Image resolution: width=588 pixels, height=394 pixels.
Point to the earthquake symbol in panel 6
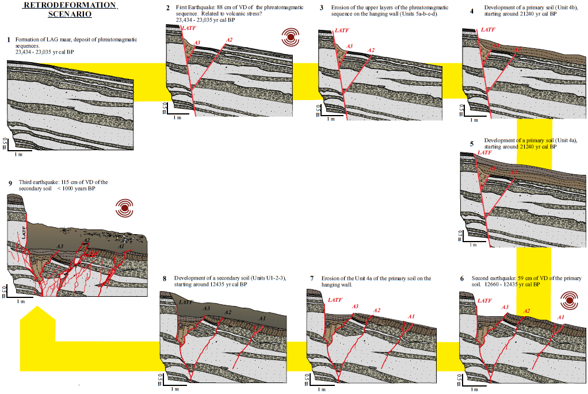(x=570, y=300)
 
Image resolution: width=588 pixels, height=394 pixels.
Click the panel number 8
(x=165, y=278)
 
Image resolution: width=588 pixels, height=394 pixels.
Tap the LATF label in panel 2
(x=188, y=28)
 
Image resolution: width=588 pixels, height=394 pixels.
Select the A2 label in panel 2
(x=229, y=39)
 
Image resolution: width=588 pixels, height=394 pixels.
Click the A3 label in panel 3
(x=350, y=45)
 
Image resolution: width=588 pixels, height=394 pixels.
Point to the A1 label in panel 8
(x=263, y=318)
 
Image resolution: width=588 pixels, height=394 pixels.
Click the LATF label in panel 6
(x=484, y=300)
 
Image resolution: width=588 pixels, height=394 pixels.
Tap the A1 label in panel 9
(x=121, y=246)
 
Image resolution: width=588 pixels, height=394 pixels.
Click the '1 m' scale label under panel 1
(x=19, y=154)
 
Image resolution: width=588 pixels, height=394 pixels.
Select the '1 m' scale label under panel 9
(x=20, y=301)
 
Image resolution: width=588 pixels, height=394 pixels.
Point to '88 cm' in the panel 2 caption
(x=223, y=7)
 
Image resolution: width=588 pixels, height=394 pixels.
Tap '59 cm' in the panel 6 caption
(x=525, y=278)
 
